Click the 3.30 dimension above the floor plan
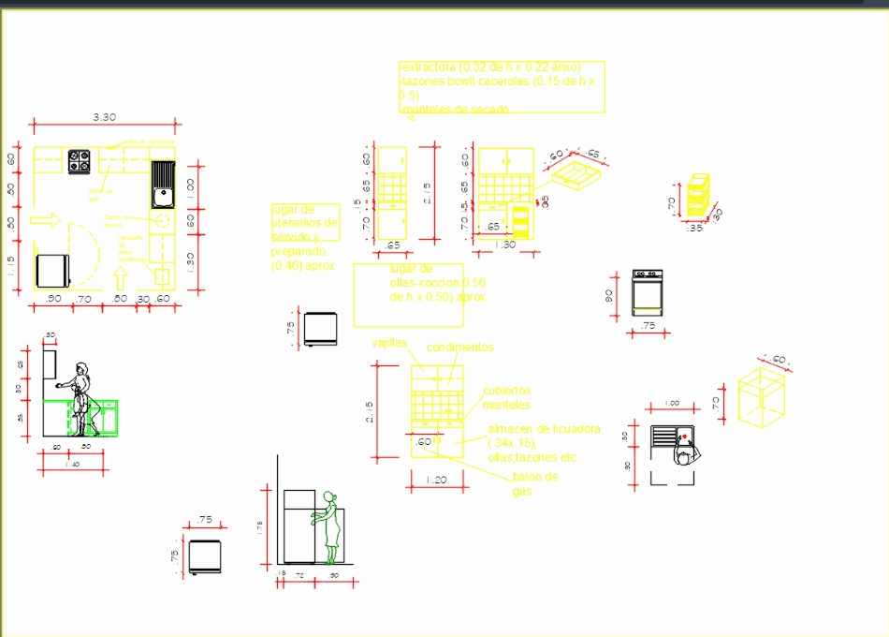tap(104, 117)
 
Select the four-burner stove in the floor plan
tap(79, 161)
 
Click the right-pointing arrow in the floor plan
tap(45, 220)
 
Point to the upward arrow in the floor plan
tap(120, 278)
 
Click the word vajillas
tap(389, 343)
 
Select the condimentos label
tap(459, 348)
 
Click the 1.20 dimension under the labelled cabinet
tap(436, 480)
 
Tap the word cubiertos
tap(506, 391)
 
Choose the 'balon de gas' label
tap(534, 483)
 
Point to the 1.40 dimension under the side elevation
tap(71, 465)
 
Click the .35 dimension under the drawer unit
tap(694, 228)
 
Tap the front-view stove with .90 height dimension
tap(648, 293)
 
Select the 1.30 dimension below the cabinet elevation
tap(504, 244)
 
